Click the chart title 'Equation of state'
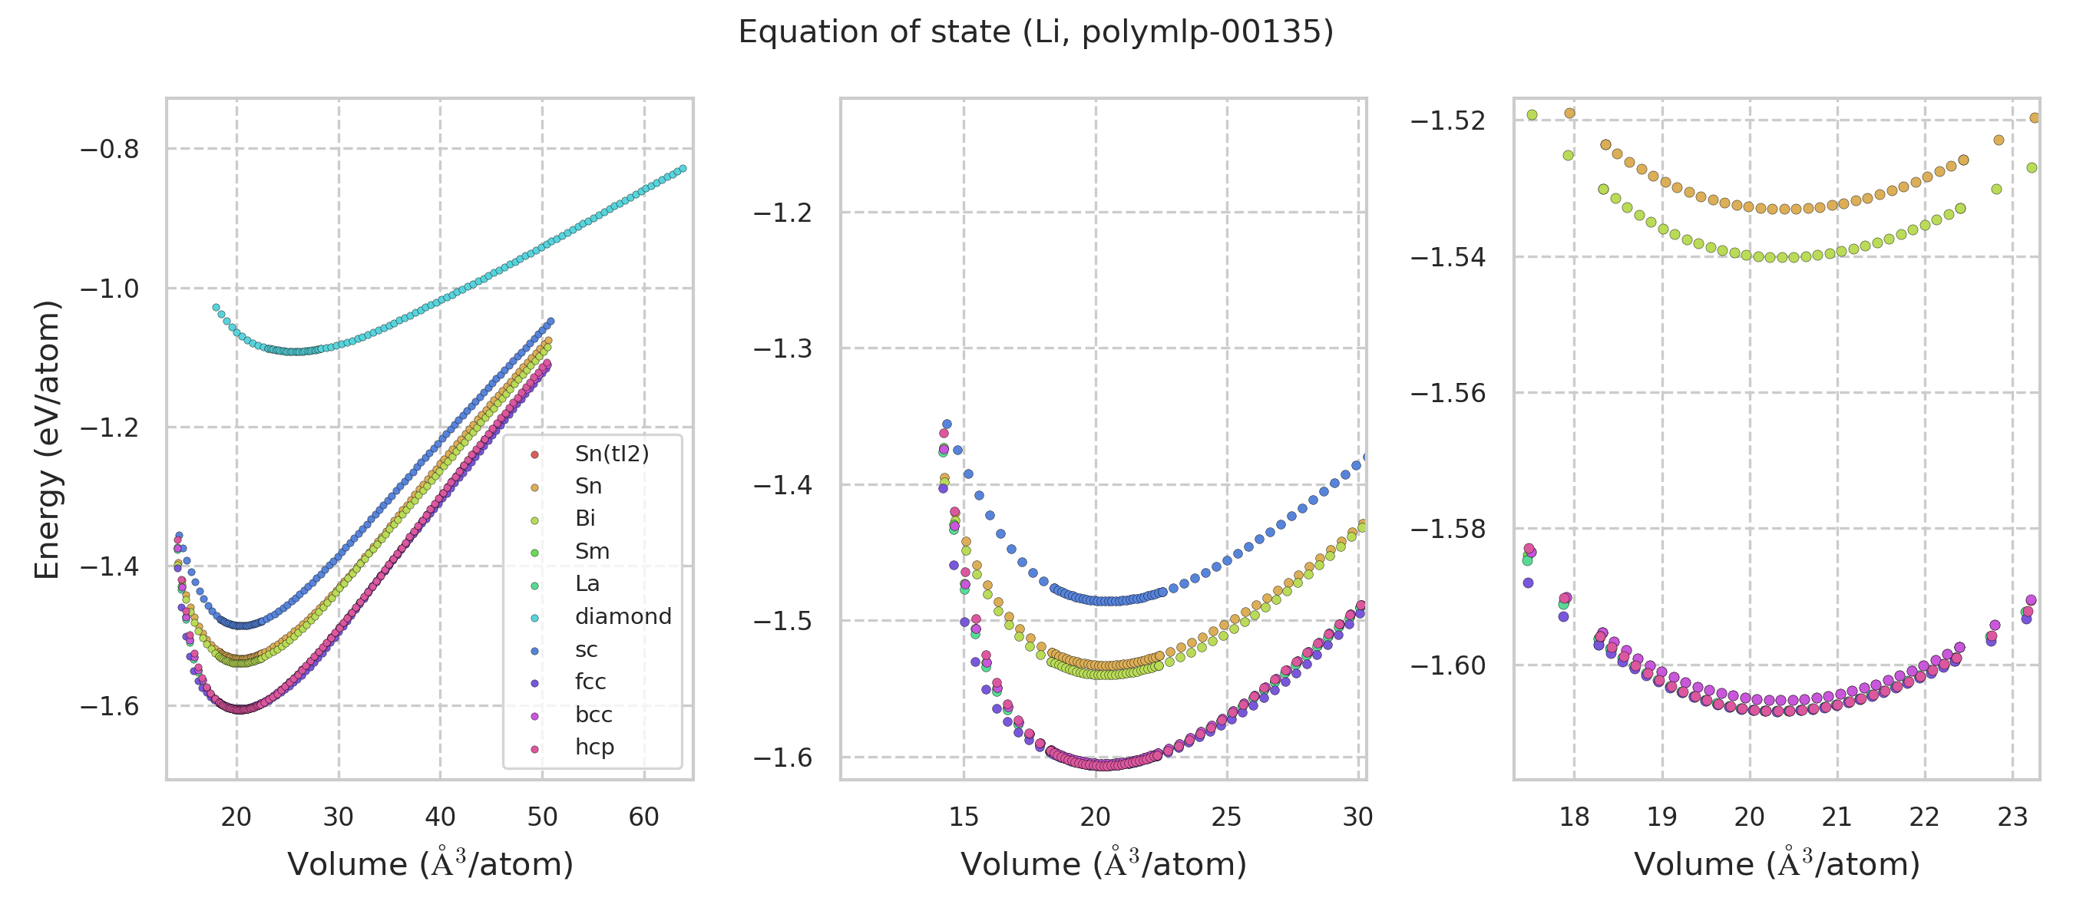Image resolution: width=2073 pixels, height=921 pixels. (1036, 32)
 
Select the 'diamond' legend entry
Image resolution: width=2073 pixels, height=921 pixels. (623, 617)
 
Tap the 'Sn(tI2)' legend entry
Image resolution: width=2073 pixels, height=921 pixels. (612, 454)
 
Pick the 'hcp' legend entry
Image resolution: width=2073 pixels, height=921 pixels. (595, 748)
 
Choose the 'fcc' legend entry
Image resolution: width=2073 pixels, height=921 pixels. (590, 682)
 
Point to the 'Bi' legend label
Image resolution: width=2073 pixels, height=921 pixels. (585, 519)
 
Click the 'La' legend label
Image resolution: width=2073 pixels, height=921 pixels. (587, 584)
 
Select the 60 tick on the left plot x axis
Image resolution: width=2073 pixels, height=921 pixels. (644, 817)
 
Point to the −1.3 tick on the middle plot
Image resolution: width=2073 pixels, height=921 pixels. (782, 349)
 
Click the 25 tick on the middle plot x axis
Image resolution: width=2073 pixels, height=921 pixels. (1226, 817)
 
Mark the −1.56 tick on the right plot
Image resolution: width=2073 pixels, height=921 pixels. (1448, 393)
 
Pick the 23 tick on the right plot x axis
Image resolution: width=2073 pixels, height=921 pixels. (2012, 817)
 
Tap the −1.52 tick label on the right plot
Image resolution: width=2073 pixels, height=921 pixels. (1448, 120)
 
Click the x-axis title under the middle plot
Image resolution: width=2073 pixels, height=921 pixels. (1103, 865)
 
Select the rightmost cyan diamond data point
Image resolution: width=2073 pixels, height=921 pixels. (683, 168)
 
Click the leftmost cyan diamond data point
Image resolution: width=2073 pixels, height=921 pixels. (216, 307)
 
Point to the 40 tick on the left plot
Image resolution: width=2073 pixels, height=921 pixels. (440, 817)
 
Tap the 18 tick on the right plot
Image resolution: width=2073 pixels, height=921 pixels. (1574, 817)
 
